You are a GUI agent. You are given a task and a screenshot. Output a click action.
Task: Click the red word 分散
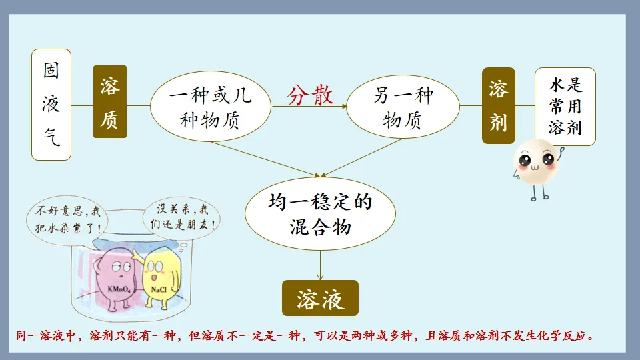311,96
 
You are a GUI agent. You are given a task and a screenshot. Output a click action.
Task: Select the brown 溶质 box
110,102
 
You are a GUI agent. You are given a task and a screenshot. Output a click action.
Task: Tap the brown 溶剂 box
499,105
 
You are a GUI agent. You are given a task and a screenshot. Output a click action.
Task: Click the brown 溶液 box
320,298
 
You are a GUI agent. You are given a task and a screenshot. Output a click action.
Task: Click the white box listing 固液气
51,105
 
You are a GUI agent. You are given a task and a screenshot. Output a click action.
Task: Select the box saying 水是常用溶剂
565,106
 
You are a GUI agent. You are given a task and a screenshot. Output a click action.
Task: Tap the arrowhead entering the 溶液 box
321,276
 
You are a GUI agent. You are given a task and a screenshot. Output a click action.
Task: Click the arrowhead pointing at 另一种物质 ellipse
345,105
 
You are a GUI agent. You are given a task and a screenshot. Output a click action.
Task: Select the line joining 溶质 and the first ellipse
139,105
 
